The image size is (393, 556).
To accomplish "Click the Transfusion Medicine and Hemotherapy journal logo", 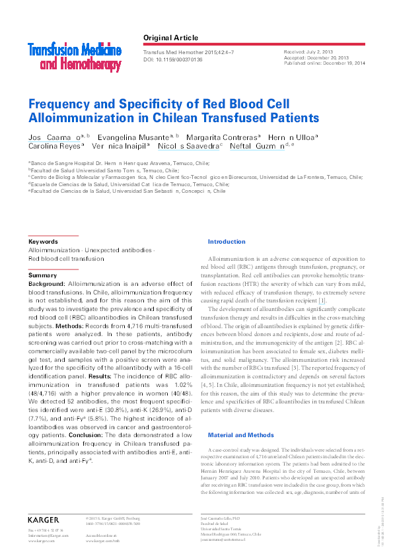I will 74,56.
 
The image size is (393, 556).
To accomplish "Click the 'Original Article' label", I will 170,38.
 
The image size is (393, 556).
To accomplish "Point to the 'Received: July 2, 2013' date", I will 307,50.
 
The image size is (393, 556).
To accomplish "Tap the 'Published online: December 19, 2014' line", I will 324,64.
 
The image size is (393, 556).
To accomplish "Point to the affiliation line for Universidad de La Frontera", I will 195,177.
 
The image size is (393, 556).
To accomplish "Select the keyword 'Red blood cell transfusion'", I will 66,259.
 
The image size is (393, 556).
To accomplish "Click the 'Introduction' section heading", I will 227,242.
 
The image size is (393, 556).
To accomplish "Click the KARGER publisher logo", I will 44,520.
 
